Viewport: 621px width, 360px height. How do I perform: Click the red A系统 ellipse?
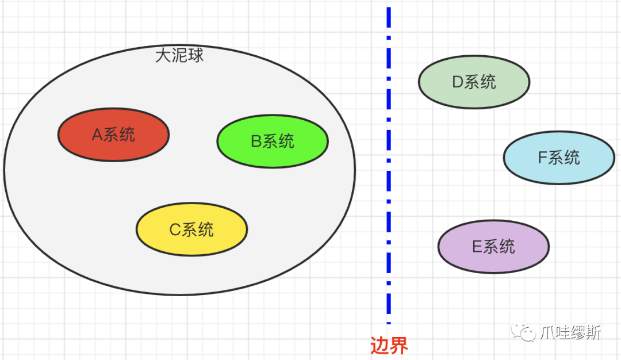(113, 135)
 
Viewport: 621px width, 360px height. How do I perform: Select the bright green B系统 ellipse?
(273, 141)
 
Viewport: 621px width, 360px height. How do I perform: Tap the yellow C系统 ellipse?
(191, 229)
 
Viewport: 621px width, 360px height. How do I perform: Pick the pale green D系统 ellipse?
(474, 82)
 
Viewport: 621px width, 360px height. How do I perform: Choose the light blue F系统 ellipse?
(559, 158)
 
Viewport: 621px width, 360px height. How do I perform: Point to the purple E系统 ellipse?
(493, 247)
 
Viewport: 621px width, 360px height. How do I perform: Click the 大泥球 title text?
(179, 56)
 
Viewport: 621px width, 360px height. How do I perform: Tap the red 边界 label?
(389, 346)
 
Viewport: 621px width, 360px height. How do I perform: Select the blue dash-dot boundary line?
(389, 173)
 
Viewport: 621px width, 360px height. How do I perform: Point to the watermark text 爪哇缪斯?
(571, 332)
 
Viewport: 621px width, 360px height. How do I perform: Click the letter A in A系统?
(97, 135)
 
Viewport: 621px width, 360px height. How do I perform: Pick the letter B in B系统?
(256, 142)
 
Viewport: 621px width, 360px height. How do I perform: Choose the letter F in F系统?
(542, 158)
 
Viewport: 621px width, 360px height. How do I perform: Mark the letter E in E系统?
(477, 247)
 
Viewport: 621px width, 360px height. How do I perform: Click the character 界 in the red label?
(399, 346)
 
